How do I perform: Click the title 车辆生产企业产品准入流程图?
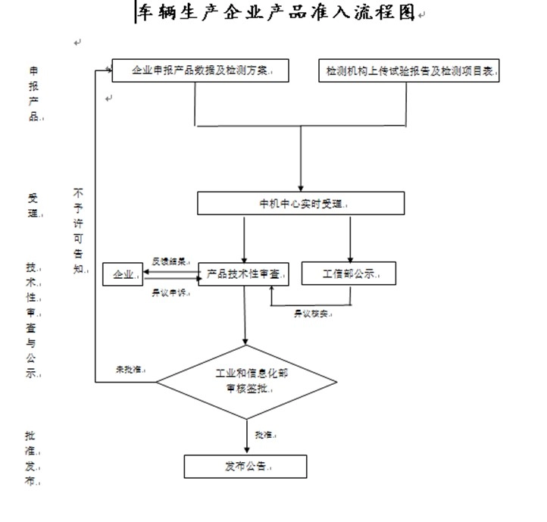[276, 13]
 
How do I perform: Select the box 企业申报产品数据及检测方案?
[202, 70]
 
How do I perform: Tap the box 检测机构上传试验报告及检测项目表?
[410, 70]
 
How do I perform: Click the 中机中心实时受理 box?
[302, 204]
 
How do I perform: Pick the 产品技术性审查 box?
[243, 274]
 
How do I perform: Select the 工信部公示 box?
[349, 273]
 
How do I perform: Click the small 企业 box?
[123, 274]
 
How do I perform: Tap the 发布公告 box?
[245, 466]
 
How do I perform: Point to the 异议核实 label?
[311, 313]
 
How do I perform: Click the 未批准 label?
[130, 369]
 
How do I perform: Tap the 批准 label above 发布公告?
[265, 435]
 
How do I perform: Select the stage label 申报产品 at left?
[33, 92]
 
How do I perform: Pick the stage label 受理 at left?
[33, 205]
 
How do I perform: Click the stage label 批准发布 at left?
[30, 458]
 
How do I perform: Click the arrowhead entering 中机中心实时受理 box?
[302, 187]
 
